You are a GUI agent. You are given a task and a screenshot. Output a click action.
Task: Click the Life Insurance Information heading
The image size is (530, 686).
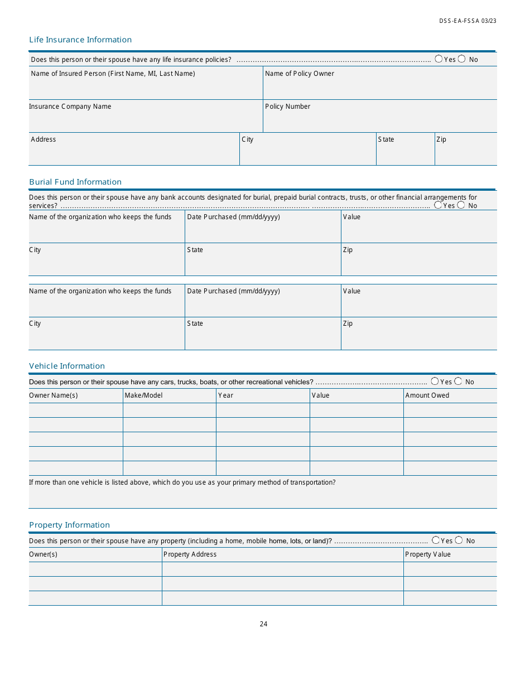tap(80, 40)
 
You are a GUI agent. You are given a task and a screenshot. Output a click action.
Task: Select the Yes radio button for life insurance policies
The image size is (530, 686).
tap(439, 59)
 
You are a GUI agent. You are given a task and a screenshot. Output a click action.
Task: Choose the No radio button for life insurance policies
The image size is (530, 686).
tap(461, 59)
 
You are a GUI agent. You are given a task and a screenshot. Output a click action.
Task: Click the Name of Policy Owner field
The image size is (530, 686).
tap(379, 86)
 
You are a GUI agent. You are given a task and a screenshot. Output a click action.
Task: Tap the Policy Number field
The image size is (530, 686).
tap(379, 119)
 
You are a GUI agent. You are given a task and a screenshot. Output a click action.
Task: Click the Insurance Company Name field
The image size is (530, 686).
tap(145, 119)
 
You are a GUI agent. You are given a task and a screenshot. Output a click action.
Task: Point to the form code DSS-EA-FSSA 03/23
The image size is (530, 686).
tap(468, 21)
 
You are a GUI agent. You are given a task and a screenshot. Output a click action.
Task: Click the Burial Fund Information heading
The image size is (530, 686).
tap(75, 182)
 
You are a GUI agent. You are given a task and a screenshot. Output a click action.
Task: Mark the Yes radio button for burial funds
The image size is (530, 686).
tap(438, 205)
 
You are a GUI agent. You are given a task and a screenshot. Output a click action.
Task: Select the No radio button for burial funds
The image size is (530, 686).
tap(461, 205)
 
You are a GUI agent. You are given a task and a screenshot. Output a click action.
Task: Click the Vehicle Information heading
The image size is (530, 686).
tap(67, 366)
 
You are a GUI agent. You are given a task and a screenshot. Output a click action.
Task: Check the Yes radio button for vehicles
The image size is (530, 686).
tap(435, 381)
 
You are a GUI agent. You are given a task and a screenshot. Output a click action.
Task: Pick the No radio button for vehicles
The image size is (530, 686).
tap(458, 381)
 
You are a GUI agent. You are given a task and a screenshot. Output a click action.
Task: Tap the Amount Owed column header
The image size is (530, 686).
tap(427, 395)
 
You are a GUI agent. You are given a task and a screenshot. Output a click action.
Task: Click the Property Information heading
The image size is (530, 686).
tap(69, 525)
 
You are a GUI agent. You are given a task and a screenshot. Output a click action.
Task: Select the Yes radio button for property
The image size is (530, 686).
tap(435, 540)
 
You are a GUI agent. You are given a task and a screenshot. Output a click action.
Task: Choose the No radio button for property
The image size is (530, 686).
tap(459, 540)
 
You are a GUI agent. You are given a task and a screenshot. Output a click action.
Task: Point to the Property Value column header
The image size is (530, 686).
tap(427, 554)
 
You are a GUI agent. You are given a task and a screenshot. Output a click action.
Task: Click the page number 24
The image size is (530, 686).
tap(263, 624)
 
